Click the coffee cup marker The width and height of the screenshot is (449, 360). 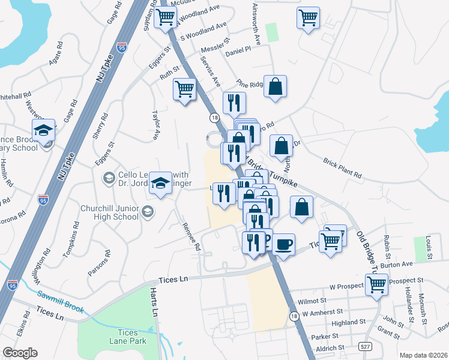pyautogui.click(x=284, y=245)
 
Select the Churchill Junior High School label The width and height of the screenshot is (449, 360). pyautogui.click(x=109, y=212)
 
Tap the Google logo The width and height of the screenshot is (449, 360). pyautogui.click(x=20, y=353)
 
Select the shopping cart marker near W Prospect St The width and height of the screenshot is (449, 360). pyautogui.click(x=377, y=284)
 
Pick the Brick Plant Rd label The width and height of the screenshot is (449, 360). pyautogui.click(x=343, y=167)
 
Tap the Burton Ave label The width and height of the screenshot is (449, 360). pyautogui.click(x=397, y=263)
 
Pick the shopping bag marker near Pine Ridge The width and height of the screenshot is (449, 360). pyautogui.click(x=275, y=87)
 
